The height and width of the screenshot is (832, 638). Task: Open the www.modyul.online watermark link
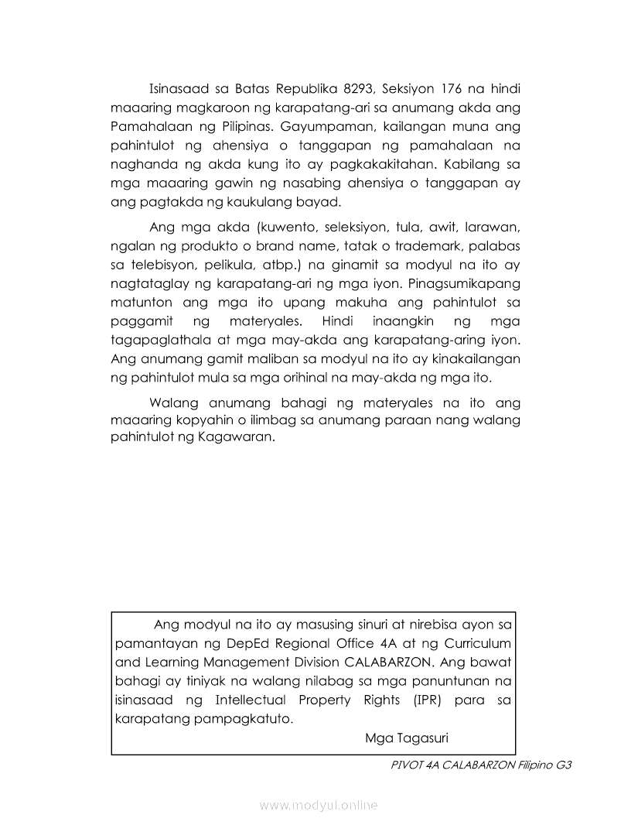pos(319,806)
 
